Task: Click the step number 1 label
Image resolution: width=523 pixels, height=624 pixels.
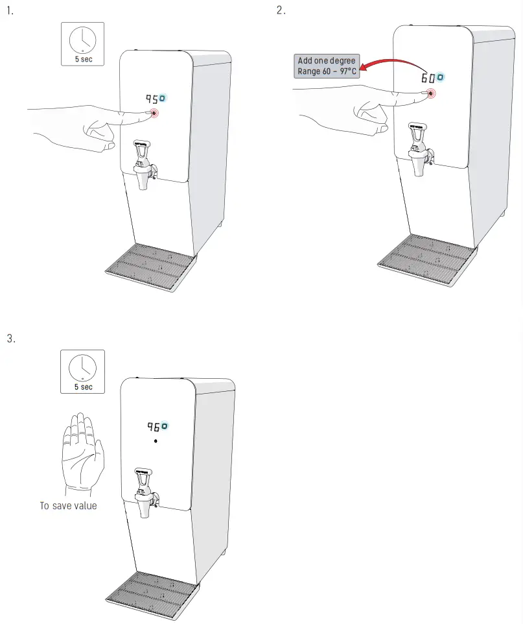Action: coord(9,11)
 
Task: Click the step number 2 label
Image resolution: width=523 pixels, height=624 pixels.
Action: coord(280,11)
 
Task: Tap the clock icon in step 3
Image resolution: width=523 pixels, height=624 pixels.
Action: coord(82,366)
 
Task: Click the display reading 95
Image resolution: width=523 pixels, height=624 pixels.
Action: coord(152,99)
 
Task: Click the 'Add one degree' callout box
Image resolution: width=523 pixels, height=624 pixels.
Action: coord(327,66)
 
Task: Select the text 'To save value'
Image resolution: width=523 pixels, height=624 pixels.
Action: coord(68,505)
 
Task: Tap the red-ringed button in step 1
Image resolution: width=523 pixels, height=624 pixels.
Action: coord(155,114)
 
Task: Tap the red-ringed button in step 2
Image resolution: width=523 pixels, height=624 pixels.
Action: coord(432,93)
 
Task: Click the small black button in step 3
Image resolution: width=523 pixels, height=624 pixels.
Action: coord(156,441)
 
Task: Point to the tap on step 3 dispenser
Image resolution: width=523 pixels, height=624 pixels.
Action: coord(144,493)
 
